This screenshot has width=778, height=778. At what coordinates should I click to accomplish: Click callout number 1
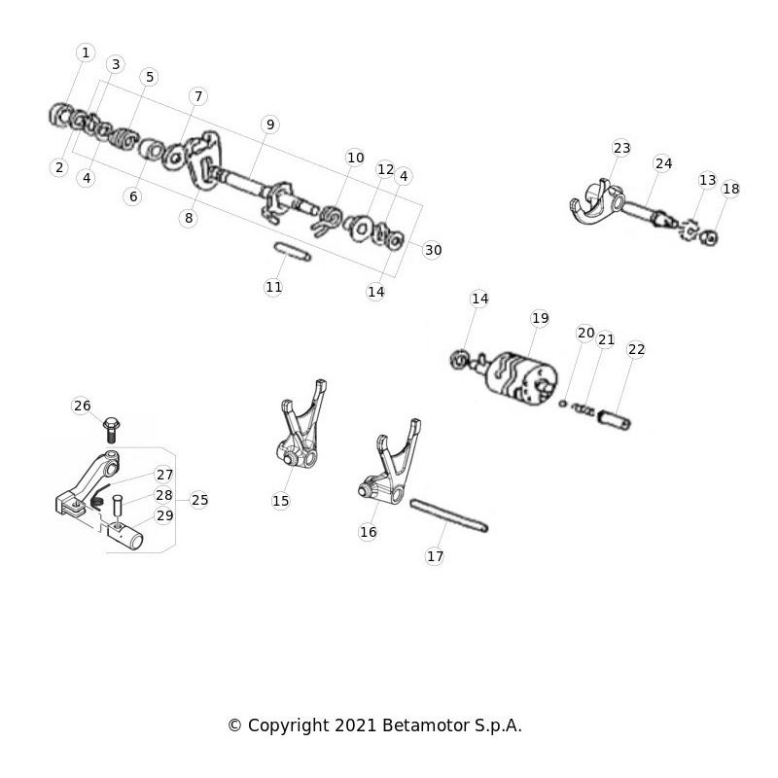tap(86, 53)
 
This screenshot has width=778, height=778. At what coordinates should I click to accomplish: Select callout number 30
tap(433, 250)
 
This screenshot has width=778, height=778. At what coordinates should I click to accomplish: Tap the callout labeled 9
tap(270, 124)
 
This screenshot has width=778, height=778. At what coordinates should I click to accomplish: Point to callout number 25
tap(199, 500)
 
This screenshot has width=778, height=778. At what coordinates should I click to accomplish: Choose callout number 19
tap(540, 318)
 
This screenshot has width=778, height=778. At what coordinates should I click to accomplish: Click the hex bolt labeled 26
tap(111, 430)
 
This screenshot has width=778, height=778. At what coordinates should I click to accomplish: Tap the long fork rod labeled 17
tap(449, 516)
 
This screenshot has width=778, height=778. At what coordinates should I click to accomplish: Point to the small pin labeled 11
tap(293, 251)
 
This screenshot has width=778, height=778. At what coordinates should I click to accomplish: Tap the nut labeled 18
tap(709, 237)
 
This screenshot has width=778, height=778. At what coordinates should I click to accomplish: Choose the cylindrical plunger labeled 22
tap(615, 420)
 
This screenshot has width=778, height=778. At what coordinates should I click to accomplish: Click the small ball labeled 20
tap(563, 404)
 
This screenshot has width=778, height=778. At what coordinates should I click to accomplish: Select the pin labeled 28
tap(118, 505)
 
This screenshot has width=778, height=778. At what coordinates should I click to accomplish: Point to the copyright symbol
tap(234, 725)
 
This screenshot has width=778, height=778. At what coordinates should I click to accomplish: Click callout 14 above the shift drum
tap(479, 299)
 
